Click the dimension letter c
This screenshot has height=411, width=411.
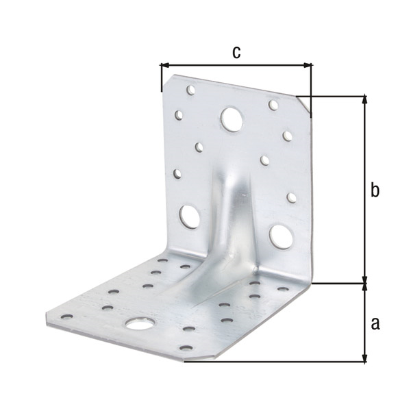[236, 53]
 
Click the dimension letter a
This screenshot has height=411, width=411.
[375, 323]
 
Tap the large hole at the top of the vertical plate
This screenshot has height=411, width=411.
[232, 119]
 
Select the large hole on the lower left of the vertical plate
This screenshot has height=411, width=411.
[189, 216]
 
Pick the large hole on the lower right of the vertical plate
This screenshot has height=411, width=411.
[281, 237]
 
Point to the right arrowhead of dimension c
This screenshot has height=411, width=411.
[307, 65]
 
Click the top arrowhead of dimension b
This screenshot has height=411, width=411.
[364, 101]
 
